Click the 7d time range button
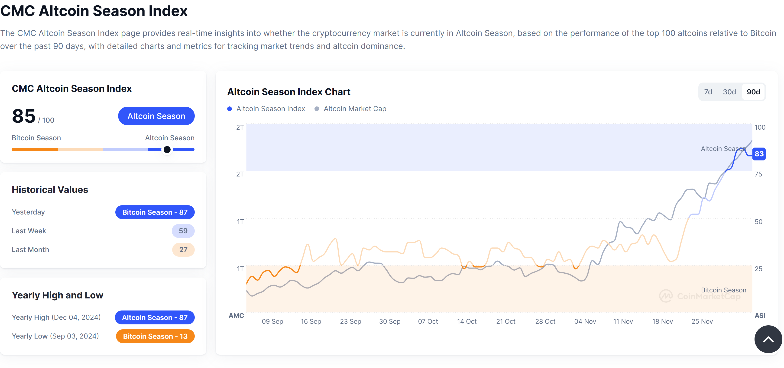coord(708,92)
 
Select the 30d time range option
coord(729,92)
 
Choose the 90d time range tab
coord(753,92)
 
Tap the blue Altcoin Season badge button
coord(156,116)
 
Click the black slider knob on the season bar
coord(167,149)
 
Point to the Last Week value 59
coord(183,231)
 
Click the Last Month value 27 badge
coord(183,250)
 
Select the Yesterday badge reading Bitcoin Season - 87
coord(155,212)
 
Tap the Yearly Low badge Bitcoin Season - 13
coord(155,336)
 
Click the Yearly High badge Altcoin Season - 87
coord(155,317)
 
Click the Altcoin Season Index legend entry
coord(266,109)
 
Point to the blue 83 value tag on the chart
coord(759,154)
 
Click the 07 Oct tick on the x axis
coord(428,321)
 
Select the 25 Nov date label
coord(702,321)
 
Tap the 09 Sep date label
coord(272,321)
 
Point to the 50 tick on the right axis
coord(758,222)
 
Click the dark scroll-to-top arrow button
coord(768,339)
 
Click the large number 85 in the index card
coord(24,116)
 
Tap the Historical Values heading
coord(50,190)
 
